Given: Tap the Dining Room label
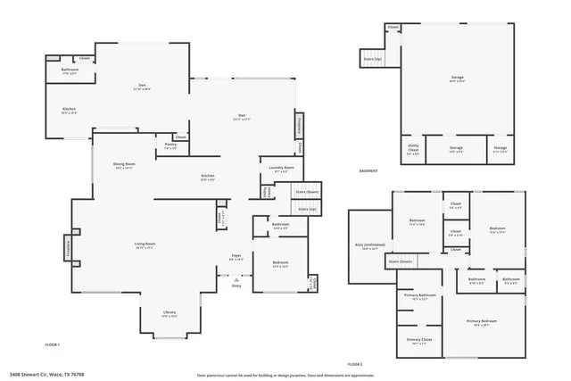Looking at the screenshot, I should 124,165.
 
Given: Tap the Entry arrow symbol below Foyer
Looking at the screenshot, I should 236,278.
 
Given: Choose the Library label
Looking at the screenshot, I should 169,313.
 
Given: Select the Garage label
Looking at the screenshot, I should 457,79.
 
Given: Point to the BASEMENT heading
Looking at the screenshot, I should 368,171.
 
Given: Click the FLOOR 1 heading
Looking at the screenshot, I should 53,344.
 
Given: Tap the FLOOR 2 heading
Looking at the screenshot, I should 355,364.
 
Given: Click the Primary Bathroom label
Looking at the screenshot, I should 419,296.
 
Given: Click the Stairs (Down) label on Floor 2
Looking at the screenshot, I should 400,261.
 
